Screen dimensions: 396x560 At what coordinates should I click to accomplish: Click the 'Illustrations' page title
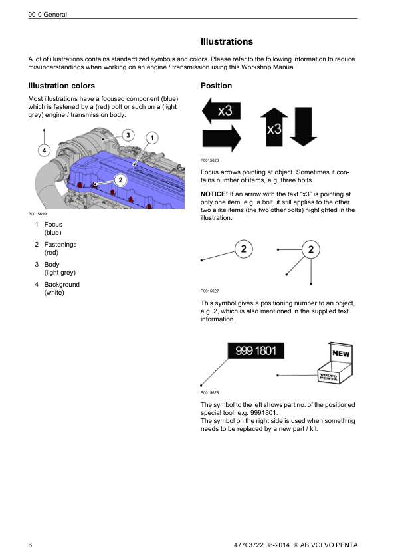[227, 41]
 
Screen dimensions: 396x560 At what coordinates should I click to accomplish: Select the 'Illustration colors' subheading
[61, 86]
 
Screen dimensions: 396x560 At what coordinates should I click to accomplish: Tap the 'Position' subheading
[216, 86]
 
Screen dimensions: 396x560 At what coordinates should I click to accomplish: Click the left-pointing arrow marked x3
[221, 110]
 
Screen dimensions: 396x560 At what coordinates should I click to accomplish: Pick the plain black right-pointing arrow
[221, 138]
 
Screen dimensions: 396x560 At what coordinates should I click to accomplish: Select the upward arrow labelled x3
[274, 127]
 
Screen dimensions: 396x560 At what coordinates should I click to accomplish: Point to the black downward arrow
[303, 127]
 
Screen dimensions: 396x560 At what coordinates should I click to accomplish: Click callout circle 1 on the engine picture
[152, 138]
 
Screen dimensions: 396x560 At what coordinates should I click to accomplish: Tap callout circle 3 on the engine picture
[128, 135]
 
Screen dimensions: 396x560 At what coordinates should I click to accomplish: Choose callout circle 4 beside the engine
[45, 150]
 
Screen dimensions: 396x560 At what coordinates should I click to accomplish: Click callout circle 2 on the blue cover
[120, 180]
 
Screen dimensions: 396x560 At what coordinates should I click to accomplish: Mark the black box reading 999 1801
[256, 350]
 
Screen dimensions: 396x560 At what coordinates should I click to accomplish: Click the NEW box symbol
[335, 363]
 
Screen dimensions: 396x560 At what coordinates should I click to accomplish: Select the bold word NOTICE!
[214, 194]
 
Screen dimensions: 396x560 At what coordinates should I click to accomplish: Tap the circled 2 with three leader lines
[311, 249]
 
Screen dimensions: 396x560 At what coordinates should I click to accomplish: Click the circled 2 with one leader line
[244, 249]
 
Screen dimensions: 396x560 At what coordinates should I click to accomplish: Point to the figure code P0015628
[210, 392]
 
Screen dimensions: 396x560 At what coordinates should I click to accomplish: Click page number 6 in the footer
[30, 545]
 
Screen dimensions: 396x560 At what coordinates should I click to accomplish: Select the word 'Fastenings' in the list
[60, 245]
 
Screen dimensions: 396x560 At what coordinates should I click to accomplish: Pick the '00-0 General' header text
[47, 15]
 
